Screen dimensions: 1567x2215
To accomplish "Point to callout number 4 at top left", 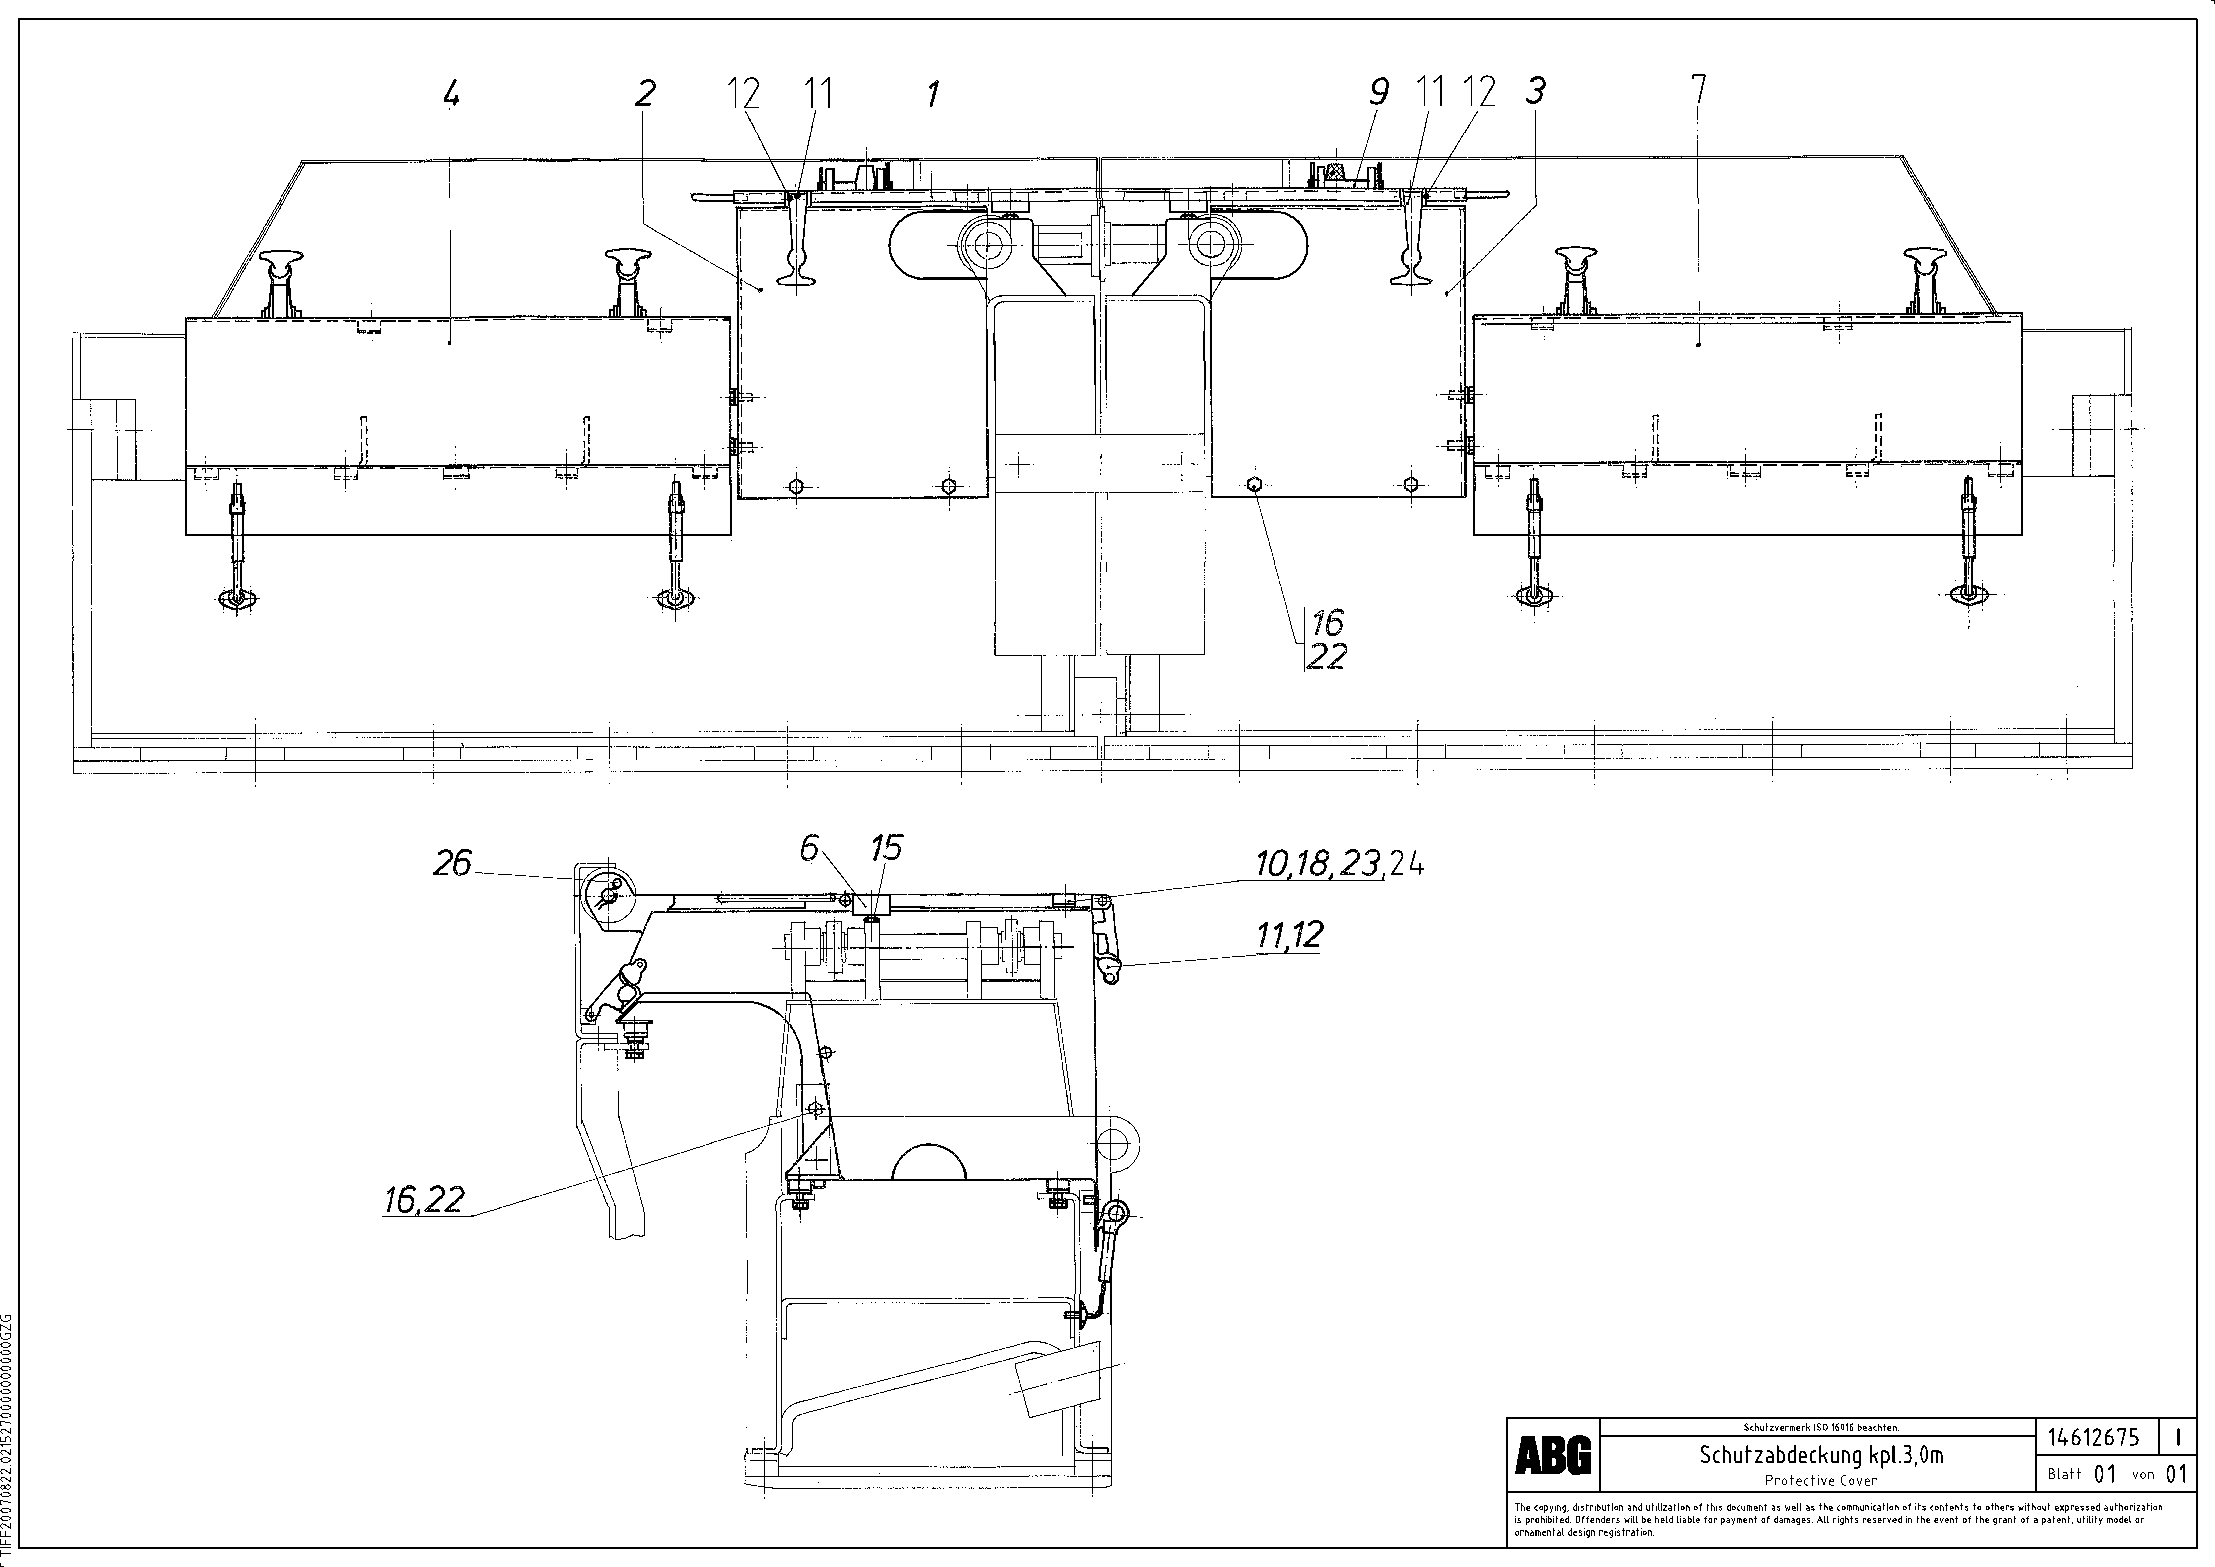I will [450, 93].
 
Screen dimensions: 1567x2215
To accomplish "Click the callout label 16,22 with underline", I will [424, 1200].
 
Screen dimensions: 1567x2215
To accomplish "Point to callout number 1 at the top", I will [932, 94].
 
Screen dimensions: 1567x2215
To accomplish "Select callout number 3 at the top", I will [1535, 91].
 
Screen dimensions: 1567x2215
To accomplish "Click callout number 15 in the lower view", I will [885, 848].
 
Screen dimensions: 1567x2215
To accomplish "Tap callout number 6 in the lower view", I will [808, 848].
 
